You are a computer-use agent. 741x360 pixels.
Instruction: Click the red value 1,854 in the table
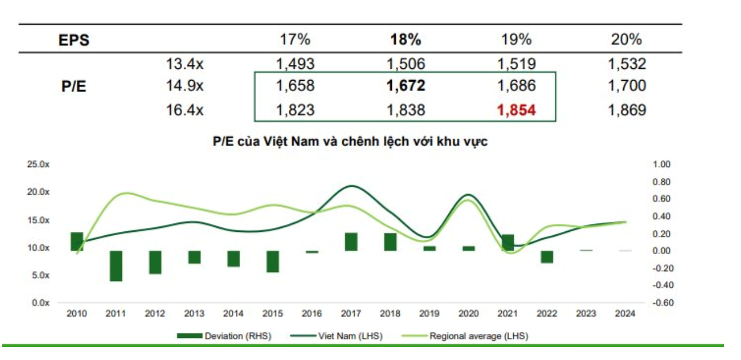(517, 110)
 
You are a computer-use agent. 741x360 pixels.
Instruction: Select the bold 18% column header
(405, 39)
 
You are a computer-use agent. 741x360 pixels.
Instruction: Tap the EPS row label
(74, 40)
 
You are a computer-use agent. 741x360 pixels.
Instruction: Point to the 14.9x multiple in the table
(185, 86)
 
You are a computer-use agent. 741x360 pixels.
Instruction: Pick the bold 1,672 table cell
(405, 86)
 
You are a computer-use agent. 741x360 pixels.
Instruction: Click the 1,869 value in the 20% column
(627, 110)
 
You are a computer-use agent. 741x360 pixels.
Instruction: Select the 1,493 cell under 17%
(295, 64)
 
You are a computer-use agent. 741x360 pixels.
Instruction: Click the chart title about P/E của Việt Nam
(350, 142)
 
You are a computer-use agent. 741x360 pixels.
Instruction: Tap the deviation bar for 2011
(116, 265)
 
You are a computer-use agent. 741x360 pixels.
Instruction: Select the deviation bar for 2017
(351, 242)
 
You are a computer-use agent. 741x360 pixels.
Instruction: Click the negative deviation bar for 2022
(547, 257)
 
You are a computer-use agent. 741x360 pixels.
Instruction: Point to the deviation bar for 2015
(273, 261)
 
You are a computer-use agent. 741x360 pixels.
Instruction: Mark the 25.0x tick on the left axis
(38, 165)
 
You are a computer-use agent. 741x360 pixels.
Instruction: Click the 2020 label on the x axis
(469, 314)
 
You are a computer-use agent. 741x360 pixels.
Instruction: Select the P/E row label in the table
(74, 87)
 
